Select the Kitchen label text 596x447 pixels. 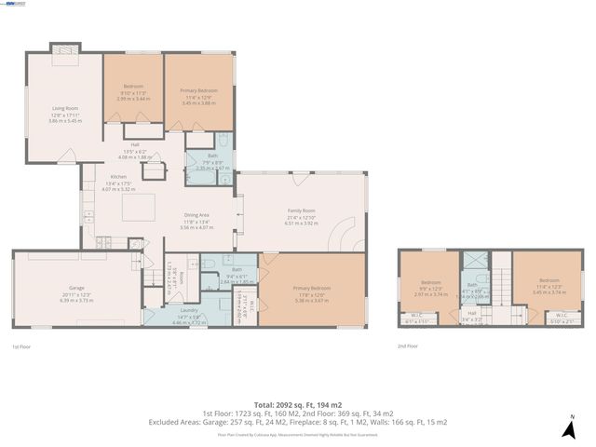[x=118, y=176]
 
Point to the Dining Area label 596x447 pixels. [x=196, y=215]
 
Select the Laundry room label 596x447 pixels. [x=189, y=310]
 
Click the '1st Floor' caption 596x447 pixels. [x=22, y=346]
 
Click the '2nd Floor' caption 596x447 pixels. [x=406, y=345]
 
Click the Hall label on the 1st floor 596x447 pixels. [x=135, y=144]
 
